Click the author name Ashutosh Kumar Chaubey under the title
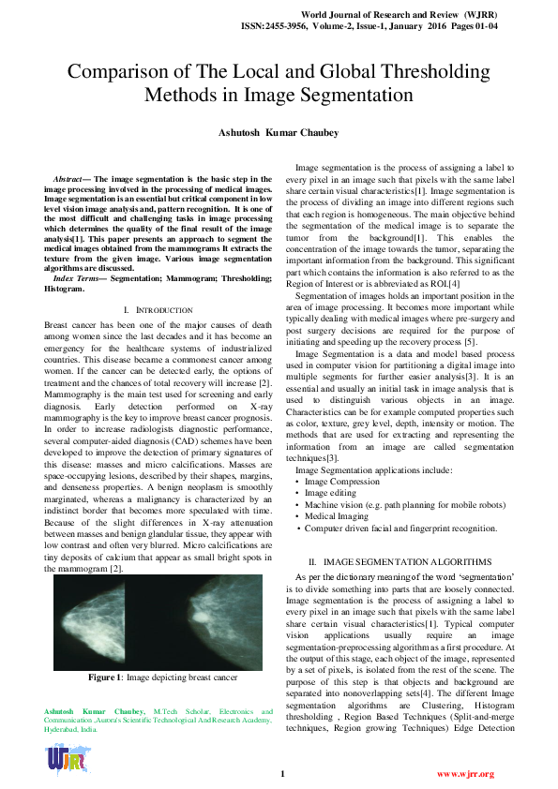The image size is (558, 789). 279,133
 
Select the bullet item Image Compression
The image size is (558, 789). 339,480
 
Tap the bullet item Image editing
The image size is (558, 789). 329,492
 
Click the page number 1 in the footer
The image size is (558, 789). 281,774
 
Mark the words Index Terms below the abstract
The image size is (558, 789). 77,253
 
